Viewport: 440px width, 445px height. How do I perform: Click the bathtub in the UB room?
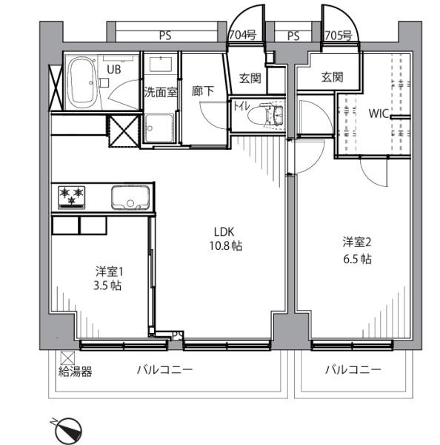coord(82,82)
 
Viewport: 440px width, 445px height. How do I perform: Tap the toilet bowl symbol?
coord(264,115)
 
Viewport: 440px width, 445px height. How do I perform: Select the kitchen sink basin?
coord(130,197)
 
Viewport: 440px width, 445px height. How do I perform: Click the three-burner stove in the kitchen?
coord(71,197)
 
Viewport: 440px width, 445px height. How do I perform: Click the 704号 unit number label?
coord(243,35)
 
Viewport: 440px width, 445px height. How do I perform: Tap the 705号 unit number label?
coord(339,36)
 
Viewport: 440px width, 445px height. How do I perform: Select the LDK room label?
coord(224,232)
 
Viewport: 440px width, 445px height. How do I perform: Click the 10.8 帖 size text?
coord(225,245)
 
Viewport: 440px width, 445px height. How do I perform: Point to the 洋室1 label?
coord(109,272)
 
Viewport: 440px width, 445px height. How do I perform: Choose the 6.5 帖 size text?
coord(357,259)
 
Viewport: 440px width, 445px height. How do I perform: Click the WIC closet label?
coord(379,113)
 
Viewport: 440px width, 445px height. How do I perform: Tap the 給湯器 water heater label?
coord(75,372)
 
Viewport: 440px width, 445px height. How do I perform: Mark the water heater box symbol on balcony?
coord(67,358)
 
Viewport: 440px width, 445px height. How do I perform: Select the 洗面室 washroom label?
coord(161,92)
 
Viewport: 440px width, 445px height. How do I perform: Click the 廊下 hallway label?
coord(203,91)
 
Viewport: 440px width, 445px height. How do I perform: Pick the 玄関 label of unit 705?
coord(332,77)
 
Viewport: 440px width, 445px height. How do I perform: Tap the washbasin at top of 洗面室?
coord(161,65)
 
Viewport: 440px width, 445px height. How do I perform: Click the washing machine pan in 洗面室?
coord(159,128)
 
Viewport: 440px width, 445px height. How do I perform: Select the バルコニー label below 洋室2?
coord(353,370)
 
